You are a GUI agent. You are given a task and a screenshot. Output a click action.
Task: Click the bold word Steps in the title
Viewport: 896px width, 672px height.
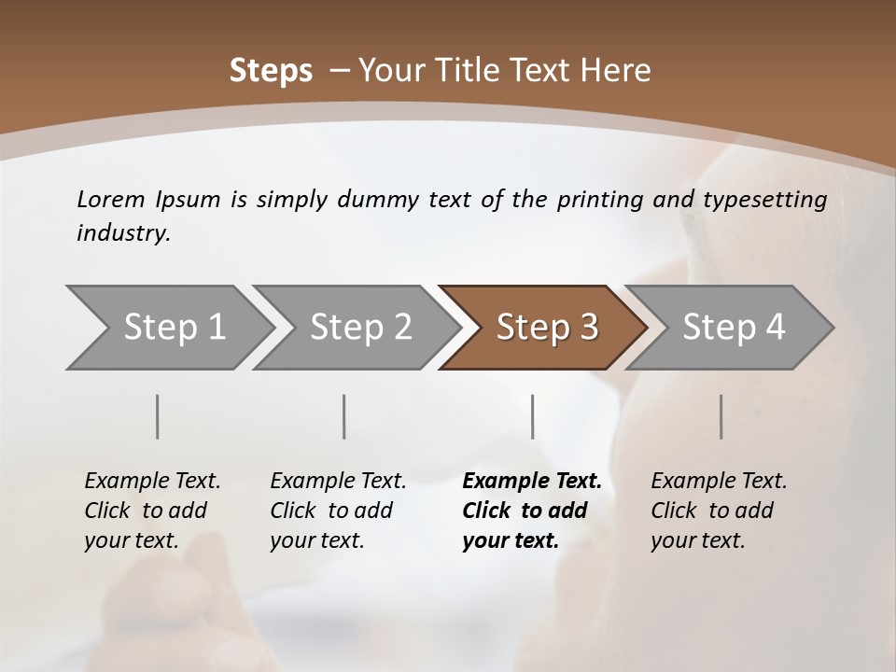coord(271,70)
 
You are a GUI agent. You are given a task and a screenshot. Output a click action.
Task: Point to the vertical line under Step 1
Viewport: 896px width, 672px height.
coord(158,416)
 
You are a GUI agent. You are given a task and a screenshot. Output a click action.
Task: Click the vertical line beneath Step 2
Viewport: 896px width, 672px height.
coord(344,416)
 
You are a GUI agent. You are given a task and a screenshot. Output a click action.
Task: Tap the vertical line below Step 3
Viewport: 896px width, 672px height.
coord(533,416)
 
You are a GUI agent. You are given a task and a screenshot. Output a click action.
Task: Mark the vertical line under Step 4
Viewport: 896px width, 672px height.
coord(721,416)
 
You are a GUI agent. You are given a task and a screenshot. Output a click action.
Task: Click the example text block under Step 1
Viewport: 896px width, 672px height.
coord(152,511)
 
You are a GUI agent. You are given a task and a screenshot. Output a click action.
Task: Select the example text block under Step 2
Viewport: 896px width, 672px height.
coord(338,511)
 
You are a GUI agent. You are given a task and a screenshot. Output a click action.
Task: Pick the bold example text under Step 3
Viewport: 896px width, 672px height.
coord(531,511)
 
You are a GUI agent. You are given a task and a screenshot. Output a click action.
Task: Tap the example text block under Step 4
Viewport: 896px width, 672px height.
coord(719,511)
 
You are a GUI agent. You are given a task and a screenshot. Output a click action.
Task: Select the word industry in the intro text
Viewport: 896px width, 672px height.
coord(122,233)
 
